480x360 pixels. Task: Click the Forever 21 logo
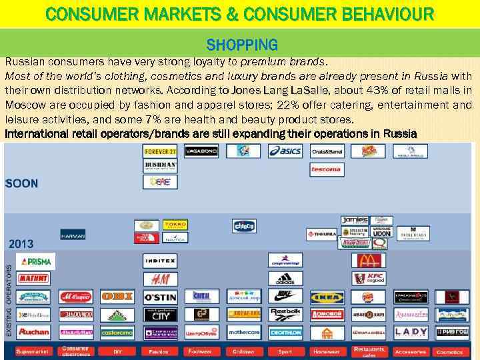coord(160,151)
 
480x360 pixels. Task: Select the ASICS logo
coord(285,151)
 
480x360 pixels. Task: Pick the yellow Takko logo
coord(175,225)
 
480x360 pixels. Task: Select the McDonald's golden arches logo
coord(363,261)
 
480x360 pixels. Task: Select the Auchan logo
coord(33,331)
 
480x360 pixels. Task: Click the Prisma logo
coord(36,261)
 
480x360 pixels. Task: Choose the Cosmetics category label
coord(449,351)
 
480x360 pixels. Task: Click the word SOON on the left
coord(22,183)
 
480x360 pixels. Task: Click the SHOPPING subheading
coord(242,45)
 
